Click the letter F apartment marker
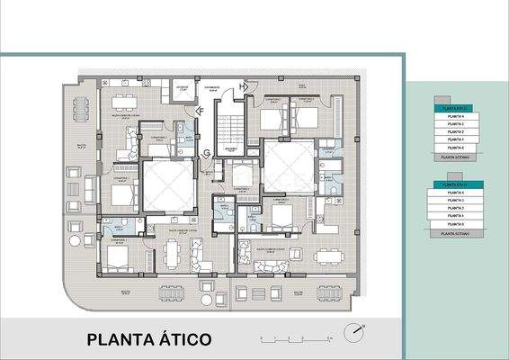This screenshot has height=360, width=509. click(201, 110)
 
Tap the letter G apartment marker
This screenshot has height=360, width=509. click(207, 152)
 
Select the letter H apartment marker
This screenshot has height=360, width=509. click(242, 86)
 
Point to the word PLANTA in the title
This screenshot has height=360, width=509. click(121, 339)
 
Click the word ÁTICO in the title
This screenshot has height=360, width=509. click(184, 339)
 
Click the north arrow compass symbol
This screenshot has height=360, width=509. click(359, 330)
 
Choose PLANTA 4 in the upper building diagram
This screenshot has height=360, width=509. click(455, 116)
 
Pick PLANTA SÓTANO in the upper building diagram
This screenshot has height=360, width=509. click(455, 156)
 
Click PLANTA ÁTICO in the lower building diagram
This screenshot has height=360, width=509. click(455, 184)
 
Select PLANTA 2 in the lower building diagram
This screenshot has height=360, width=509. click(455, 208)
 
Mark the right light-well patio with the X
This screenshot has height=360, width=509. click(288, 166)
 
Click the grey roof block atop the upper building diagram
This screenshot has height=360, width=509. click(440, 99)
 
